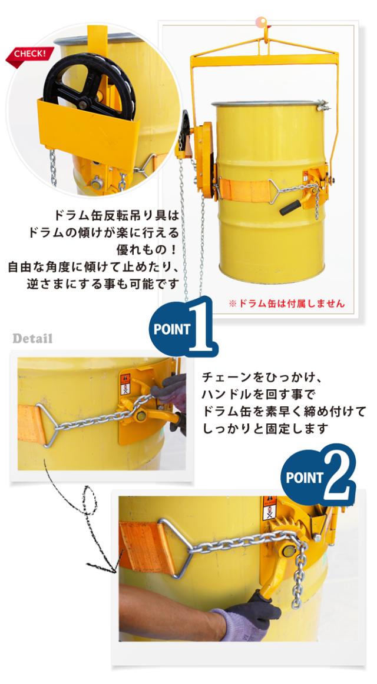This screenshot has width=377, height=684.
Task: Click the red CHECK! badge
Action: point(29,56)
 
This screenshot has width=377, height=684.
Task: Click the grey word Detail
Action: point(32,339)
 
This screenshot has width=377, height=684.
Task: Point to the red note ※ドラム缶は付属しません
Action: point(286,303)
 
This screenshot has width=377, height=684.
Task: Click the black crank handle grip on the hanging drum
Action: point(290,208)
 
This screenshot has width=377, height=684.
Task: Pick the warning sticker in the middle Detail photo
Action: point(125,384)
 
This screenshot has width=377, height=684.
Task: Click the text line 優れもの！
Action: point(148,249)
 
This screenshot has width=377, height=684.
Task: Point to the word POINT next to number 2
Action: point(304,478)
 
